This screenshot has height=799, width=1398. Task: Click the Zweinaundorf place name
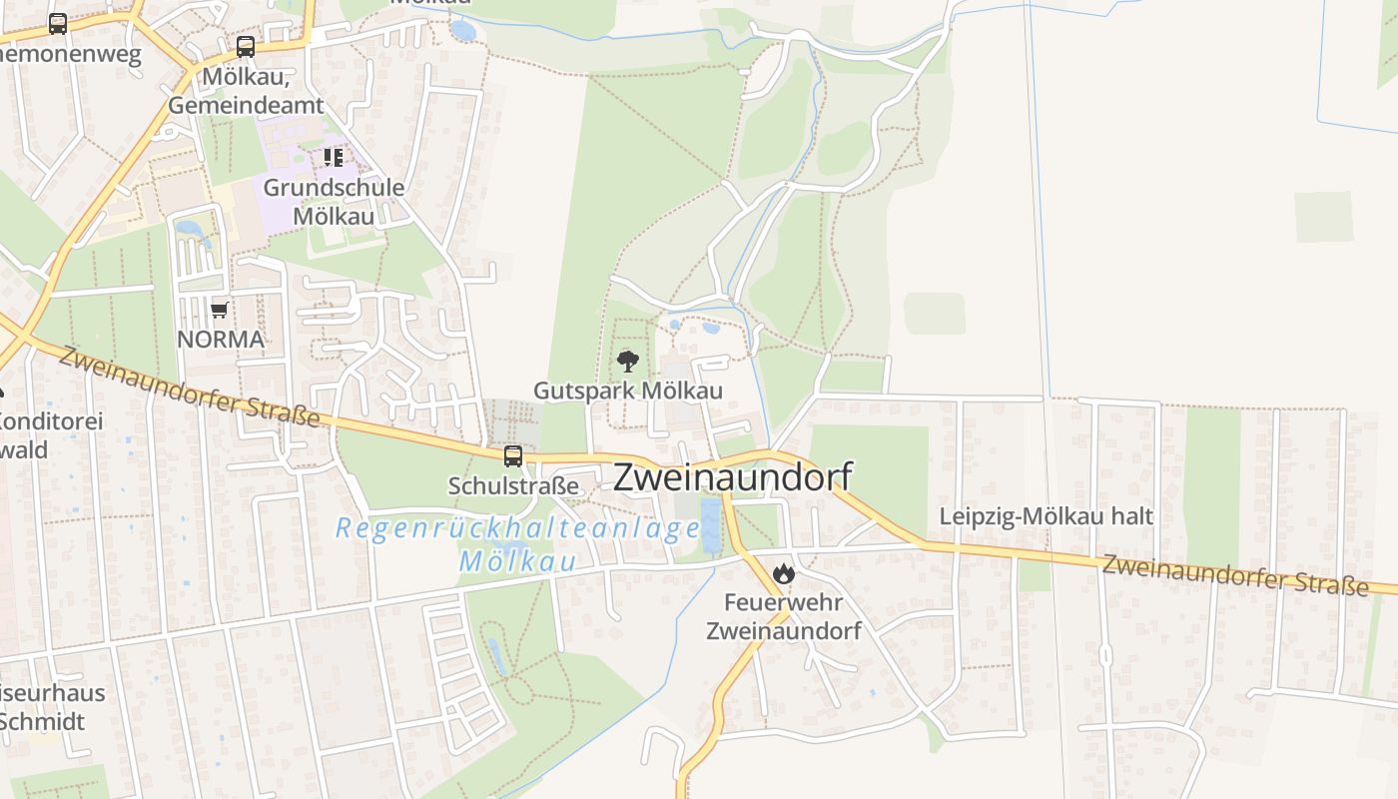pyautogui.click(x=732, y=477)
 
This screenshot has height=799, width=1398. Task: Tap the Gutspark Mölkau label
pyautogui.click(x=627, y=391)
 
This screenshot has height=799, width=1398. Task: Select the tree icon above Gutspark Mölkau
pyautogui.click(x=627, y=361)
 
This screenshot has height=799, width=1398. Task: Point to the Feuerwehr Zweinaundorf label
pyautogui.click(x=783, y=617)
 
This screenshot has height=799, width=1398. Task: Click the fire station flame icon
pyautogui.click(x=783, y=573)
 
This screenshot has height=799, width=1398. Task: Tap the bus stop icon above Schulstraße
pyautogui.click(x=513, y=456)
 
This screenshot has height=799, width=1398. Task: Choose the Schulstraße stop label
pyautogui.click(x=513, y=486)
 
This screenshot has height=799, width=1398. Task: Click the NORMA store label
pyautogui.click(x=221, y=340)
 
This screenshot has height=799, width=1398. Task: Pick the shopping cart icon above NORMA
pyautogui.click(x=220, y=310)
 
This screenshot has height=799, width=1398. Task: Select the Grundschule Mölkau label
pyautogui.click(x=334, y=202)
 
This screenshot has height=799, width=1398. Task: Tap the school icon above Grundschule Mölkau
pyautogui.click(x=334, y=158)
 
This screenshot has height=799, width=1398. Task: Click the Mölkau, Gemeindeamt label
pyautogui.click(x=246, y=91)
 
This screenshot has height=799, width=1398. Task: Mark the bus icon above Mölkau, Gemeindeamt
pyautogui.click(x=246, y=46)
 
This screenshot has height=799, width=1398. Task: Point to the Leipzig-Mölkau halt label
pyautogui.click(x=1046, y=516)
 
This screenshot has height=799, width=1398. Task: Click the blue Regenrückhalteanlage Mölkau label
pyautogui.click(x=517, y=543)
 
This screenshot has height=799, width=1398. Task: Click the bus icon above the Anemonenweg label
pyautogui.click(x=58, y=24)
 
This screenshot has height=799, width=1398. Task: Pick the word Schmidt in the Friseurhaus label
pyautogui.click(x=40, y=722)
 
